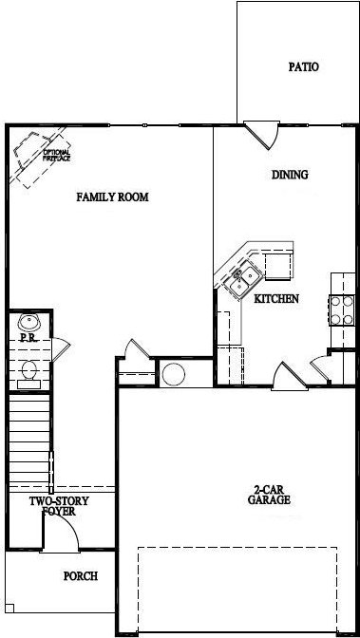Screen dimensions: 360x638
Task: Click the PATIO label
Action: click(303, 66)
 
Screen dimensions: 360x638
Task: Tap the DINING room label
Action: click(290, 175)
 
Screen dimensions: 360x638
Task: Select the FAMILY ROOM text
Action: click(112, 197)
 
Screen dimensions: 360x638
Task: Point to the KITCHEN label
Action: click(276, 299)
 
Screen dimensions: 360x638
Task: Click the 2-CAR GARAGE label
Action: click(269, 495)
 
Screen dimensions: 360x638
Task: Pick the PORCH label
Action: click(81, 576)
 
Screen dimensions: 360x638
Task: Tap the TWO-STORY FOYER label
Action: click(59, 506)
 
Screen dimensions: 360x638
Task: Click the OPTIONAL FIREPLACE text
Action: click(57, 156)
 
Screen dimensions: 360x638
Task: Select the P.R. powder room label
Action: click(28, 338)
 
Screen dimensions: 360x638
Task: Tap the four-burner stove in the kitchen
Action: click(342, 310)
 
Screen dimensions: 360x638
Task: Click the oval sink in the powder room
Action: click(28, 323)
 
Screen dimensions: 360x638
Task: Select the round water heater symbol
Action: click(174, 374)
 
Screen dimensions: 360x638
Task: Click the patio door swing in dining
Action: click(262, 135)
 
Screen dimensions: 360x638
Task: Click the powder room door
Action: click(61, 349)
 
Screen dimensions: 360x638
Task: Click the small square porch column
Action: click(9, 608)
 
